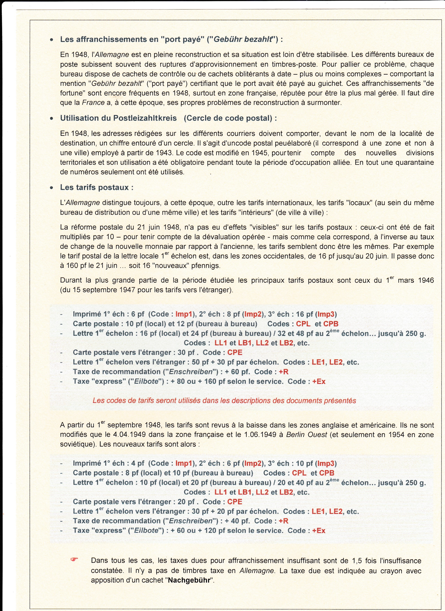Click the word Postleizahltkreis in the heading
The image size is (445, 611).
(145, 118)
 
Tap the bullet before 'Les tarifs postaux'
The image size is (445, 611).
(51, 188)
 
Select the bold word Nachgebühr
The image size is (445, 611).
(189, 580)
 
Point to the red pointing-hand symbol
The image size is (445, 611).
(74, 560)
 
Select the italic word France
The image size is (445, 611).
(93, 103)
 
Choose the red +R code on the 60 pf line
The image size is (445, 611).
(284, 372)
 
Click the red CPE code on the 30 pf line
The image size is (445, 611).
(235, 352)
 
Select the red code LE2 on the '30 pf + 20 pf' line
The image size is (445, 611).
(336, 511)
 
